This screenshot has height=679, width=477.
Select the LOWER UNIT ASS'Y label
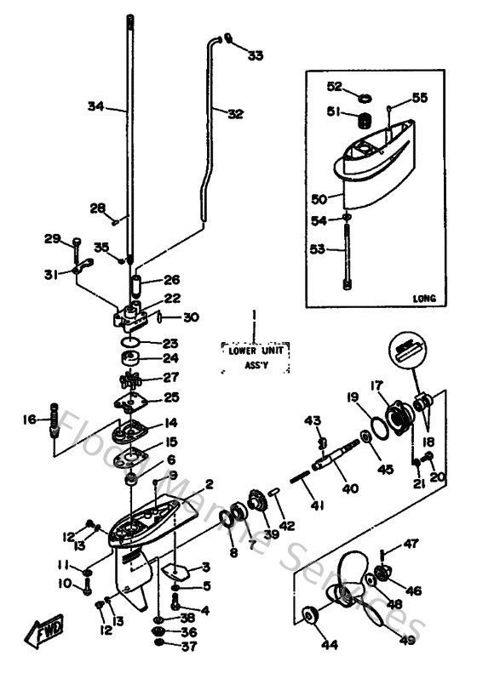point(255,355)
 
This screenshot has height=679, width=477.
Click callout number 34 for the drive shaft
point(95,106)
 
